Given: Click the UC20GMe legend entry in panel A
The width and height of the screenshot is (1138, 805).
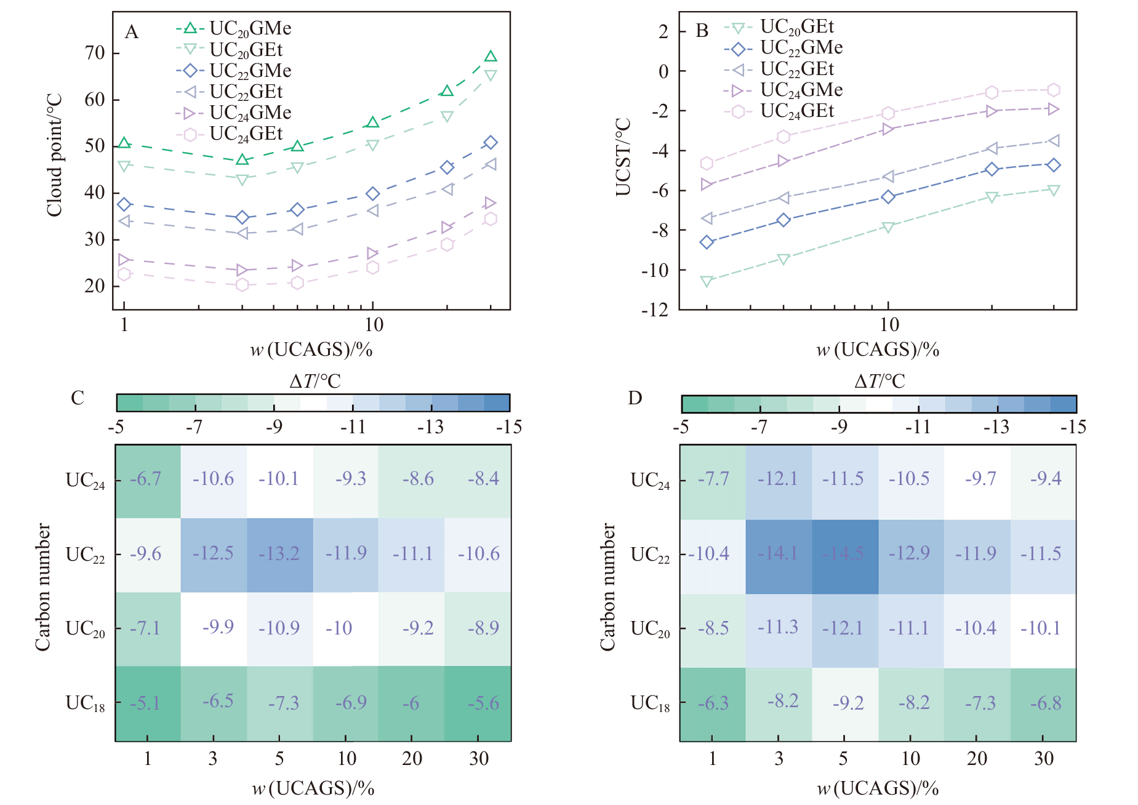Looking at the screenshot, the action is coord(234,28).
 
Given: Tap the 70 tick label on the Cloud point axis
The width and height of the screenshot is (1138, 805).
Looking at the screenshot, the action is coord(95,53).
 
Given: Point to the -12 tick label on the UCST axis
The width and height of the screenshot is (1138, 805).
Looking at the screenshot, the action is coord(655,309).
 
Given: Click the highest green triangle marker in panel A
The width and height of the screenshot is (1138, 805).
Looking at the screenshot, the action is coord(491,57).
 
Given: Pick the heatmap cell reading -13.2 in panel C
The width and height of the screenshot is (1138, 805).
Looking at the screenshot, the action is coord(280,555).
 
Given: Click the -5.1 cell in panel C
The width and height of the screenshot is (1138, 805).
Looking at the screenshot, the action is coord(148,703).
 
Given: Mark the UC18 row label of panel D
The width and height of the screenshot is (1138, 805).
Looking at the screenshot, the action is coord(650,703).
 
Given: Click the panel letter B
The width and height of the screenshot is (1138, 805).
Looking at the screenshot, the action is coord(702,31).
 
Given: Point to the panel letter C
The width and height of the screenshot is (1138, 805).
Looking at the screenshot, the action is coord(78,398).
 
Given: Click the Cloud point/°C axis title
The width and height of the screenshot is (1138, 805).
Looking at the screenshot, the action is coord(55,156).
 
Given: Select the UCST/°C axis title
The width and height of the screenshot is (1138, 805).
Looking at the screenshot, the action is coord(623,158).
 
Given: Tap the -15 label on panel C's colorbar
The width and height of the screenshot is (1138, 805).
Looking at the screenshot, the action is coord(509,427).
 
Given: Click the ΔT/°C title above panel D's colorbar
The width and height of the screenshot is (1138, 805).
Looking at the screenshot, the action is coord(880,382).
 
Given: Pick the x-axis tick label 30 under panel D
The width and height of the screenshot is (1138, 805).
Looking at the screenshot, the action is coord(1044,759).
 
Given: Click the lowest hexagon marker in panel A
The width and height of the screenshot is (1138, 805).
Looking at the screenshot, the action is coord(242,285).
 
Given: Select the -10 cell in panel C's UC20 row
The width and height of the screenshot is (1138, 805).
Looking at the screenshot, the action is coord(339,628).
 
